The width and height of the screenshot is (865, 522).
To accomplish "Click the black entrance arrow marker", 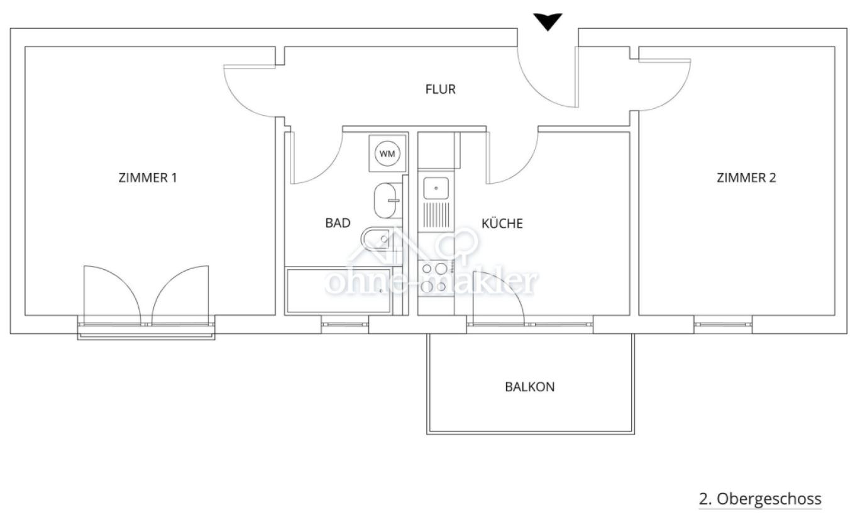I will click(x=548, y=21).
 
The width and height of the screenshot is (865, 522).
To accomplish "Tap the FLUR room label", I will click(x=440, y=89).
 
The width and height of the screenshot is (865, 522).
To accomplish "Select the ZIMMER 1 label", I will click(x=148, y=177).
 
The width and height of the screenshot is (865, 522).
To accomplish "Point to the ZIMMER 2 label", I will click(x=746, y=177).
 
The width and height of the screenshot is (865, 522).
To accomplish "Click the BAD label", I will click(x=338, y=223).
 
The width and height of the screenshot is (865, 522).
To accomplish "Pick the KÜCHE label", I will click(x=502, y=223).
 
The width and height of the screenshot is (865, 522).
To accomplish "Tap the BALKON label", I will click(x=530, y=387).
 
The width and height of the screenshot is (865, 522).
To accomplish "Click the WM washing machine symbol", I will click(x=387, y=153).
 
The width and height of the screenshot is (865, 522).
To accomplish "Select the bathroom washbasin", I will click(x=386, y=200).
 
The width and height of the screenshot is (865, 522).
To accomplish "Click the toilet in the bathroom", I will click(x=377, y=239).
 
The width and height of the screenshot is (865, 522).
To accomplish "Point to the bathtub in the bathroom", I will click(x=338, y=291).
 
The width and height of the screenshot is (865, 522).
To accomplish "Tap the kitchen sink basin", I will click(x=436, y=188).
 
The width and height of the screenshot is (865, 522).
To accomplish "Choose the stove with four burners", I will click(x=435, y=277).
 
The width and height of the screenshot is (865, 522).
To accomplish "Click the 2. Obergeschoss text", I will click(x=760, y=499).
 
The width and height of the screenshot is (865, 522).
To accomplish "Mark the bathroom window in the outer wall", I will click(x=344, y=325).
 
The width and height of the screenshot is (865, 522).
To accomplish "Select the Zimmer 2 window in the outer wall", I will click(x=723, y=325).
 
